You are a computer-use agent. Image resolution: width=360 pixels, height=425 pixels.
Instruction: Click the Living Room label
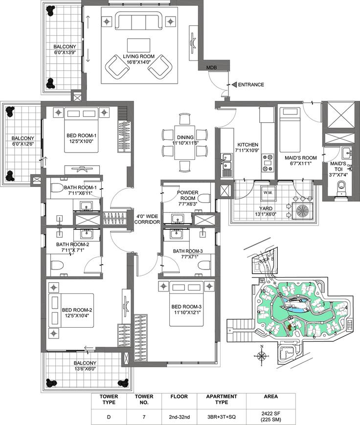[x=139, y=59]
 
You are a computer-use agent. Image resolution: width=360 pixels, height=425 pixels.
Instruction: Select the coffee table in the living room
[x=138, y=45]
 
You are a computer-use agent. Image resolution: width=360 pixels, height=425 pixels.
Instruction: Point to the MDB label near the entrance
[x=212, y=67]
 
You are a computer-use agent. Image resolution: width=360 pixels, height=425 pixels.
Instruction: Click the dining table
[x=184, y=142]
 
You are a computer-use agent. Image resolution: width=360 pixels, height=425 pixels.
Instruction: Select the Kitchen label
[x=248, y=147]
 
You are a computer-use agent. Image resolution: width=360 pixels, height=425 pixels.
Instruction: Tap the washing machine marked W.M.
[x=268, y=193]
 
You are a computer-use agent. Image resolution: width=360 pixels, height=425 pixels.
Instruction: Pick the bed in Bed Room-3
[x=186, y=304]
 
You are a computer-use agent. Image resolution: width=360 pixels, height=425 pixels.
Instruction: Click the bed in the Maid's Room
[x=290, y=130]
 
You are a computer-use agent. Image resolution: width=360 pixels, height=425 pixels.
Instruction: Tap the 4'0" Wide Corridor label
[x=147, y=219]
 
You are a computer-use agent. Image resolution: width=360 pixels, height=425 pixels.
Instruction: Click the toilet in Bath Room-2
[x=57, y=265]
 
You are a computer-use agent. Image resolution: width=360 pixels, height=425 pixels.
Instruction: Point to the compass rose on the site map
[x=262, y=356]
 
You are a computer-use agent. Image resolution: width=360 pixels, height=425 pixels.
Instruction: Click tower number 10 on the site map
[x=263, y=291]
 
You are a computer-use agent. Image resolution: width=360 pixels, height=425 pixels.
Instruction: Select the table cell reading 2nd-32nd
[x=179, y=417]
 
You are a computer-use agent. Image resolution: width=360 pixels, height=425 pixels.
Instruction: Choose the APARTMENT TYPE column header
[x=222, y=399]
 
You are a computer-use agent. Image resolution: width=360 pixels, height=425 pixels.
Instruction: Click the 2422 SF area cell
[x=270, y=416]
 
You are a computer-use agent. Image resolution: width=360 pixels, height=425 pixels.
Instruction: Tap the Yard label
[x=266, y=211]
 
